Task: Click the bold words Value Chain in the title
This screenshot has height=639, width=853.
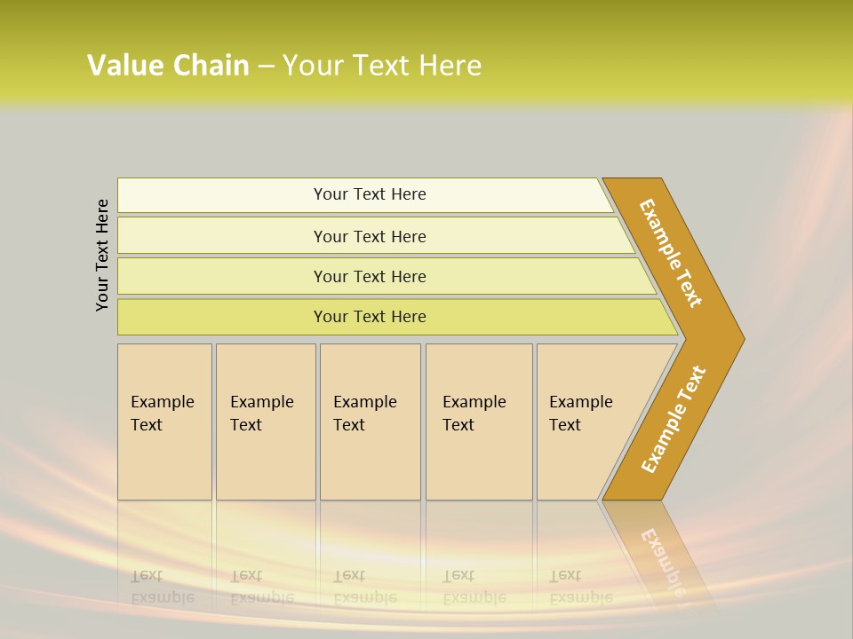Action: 168,66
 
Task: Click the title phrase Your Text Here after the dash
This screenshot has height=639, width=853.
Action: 382,66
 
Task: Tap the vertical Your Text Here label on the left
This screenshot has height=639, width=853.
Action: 102,255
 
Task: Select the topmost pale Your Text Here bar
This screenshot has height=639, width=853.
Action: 369,194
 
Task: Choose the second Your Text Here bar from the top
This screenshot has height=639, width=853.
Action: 369,236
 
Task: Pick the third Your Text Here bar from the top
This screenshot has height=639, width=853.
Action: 369,276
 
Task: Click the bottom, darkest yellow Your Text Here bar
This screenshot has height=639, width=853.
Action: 369,317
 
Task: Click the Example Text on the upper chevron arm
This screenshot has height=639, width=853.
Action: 672,253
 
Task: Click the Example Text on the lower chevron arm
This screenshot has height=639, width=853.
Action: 674,419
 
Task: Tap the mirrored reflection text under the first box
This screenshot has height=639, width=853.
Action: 162,587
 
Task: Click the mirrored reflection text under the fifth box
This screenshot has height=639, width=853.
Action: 580,587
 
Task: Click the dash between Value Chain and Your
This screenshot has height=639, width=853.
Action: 266,66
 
